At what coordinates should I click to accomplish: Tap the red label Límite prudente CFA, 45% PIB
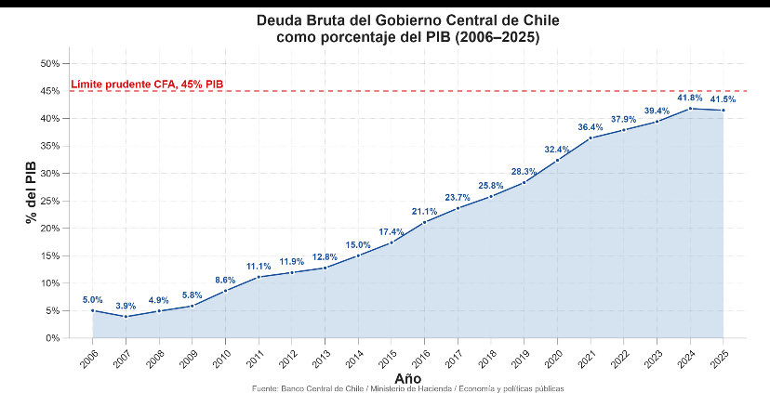click(x=147, y=85)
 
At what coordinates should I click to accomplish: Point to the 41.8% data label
click(x=689, y=97)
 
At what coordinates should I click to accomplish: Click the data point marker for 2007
click(x=126, y=317)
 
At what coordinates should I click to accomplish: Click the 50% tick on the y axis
click(x=50, y=63)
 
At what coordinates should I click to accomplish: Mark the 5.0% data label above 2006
click(x=93, y=299)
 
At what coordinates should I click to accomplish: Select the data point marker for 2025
click(x=723, y=111)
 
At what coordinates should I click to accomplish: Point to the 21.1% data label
click(x=424, y=211)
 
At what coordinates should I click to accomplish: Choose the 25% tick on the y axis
click(x=50, y=201)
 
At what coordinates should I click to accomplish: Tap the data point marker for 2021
click(x=590, y=138)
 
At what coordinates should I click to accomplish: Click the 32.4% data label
click(x=557, y=149)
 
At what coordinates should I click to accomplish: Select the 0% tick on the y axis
click(x=53, y=338)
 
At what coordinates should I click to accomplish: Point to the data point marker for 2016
click(x=424, y=222)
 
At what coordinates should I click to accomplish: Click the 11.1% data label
click(x=259, y=266)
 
